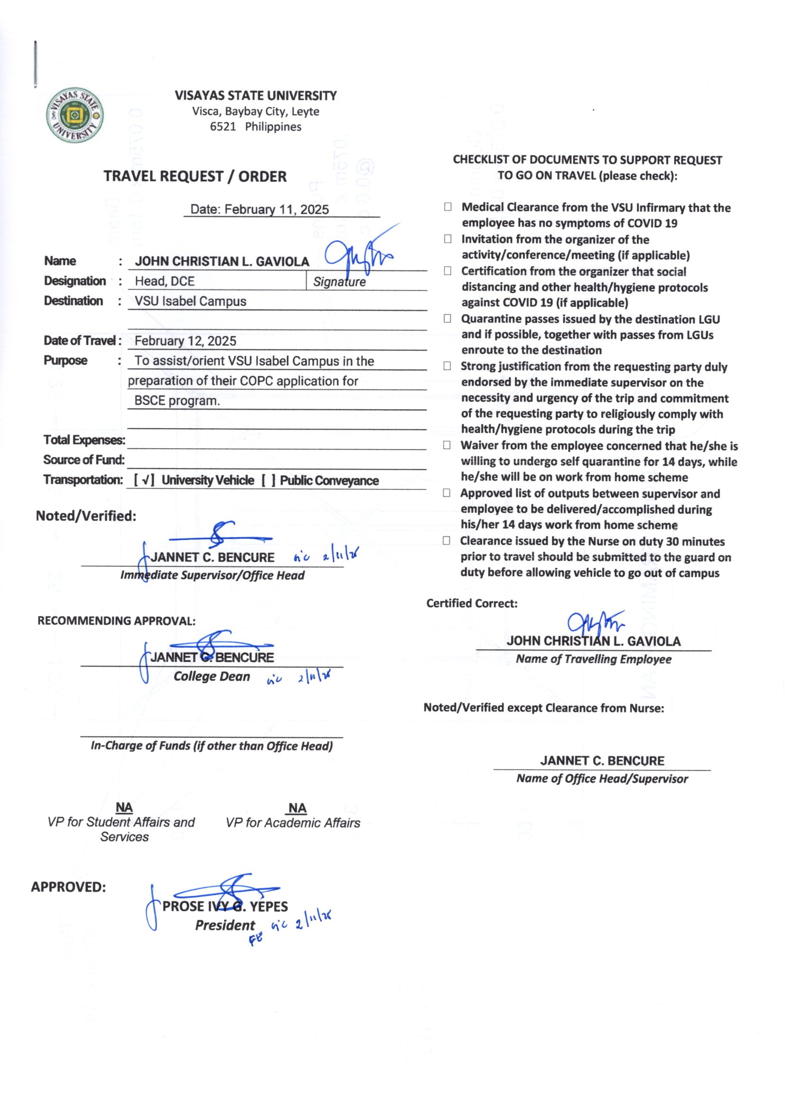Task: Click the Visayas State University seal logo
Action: click(75, 115)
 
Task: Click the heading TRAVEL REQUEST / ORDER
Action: click(195, 177)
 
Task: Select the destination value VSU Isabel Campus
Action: click(190, 301)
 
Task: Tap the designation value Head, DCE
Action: click(165, 282)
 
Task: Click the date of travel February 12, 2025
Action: click(185, 341)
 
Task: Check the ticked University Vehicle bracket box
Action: click(144, 480)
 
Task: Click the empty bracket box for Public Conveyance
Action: click(269, 480)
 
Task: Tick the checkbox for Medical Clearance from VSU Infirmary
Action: click(448, 207)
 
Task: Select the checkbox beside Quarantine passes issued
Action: click(448, 319)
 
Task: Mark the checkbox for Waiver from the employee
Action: click(447, 445)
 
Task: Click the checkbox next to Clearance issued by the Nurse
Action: click(447, 540)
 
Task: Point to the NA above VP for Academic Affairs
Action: click(297, 809)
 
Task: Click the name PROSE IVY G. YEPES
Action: click(225, 906)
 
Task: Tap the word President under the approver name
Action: click(225, 925)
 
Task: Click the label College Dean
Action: click(212, 677)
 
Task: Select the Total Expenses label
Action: click(84, 440)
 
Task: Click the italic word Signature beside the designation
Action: click(339, 282)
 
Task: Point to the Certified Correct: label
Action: click(472, 603)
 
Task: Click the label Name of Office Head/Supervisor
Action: click(602, 779)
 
